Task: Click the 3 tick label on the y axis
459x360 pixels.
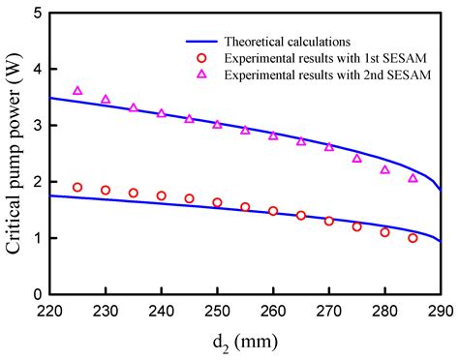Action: [37, 126]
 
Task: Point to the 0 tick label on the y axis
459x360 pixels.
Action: [37, 294]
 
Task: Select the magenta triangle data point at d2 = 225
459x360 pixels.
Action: [77, 91]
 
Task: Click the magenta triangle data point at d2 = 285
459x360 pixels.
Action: [413, 178]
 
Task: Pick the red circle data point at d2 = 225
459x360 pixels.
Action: [77, 188]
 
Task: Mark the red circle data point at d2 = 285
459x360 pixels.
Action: [413, 238]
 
